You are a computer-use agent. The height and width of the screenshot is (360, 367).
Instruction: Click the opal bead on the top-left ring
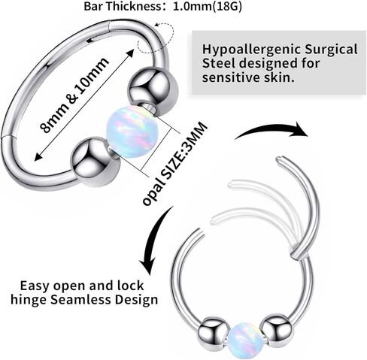[132, 132]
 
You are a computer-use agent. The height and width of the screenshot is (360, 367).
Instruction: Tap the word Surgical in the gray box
[331, 50]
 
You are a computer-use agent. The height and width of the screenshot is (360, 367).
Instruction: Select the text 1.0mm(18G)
[208, 7]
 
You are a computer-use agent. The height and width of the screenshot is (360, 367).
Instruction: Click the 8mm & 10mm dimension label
[74, 95]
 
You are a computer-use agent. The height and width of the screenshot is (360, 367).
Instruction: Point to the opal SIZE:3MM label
[175, 164]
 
